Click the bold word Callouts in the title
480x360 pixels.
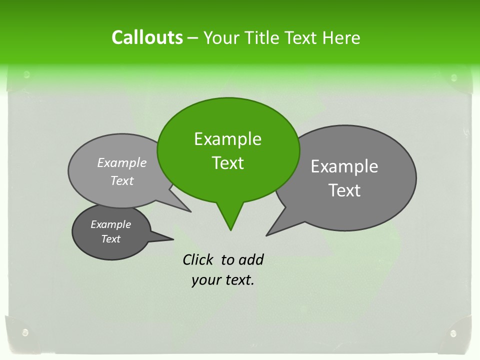(147, 37)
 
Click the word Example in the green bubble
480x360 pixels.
(227, 139)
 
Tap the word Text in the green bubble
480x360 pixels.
(227, 163)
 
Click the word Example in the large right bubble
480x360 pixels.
(344, 166)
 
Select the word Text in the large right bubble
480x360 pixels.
(344, 190)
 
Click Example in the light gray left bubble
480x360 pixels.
(122, 162)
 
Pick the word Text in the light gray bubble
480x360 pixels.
(122, 181)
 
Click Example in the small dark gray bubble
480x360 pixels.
(110, 224)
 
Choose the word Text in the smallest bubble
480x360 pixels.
(110, 239)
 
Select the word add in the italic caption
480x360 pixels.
(251, 259)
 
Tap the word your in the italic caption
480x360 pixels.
(206, 280)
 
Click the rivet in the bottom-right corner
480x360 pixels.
(453, 333)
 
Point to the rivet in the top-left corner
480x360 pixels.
(26, 75)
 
